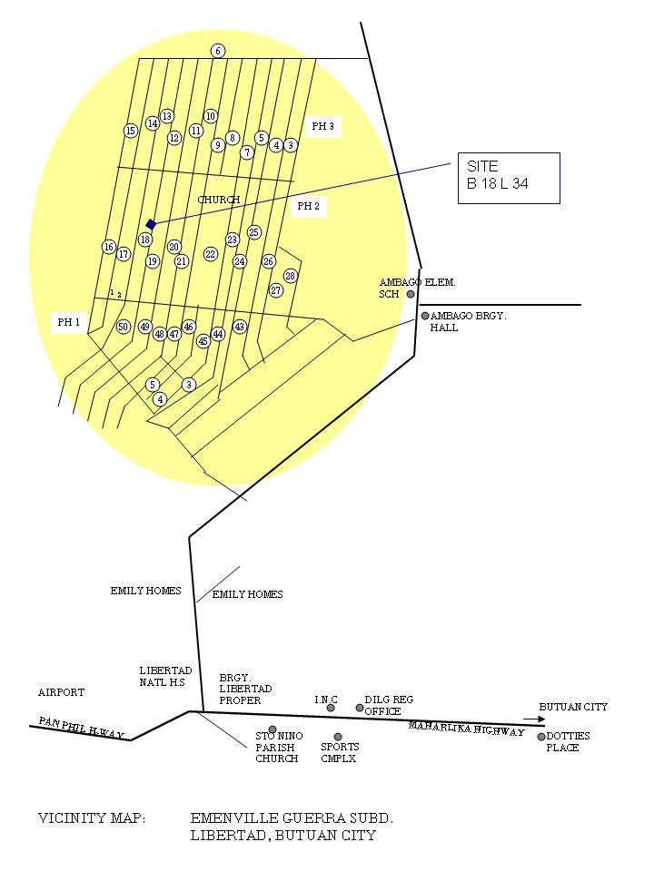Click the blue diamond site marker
pos(151,224)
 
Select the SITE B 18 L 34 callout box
pos(509,178)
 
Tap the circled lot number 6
pos(218,51)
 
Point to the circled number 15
pos(131,131)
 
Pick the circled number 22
pos(211,254)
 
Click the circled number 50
pos(124,327)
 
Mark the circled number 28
pos(291,276)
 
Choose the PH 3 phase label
pos(322,127)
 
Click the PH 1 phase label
pos(69,322)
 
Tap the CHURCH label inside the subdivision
pos(219,200)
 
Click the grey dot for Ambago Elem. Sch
pos(411,294)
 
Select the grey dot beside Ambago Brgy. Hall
pos(424,316)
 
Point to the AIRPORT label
pos(61,692)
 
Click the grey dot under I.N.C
pos(331,708)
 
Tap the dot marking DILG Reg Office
pos(360,708)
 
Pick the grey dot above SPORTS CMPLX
pos(338,737)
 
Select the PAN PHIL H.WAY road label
pos(81,727)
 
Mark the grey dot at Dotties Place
pos(541,737)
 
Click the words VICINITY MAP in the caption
pos(91,818)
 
